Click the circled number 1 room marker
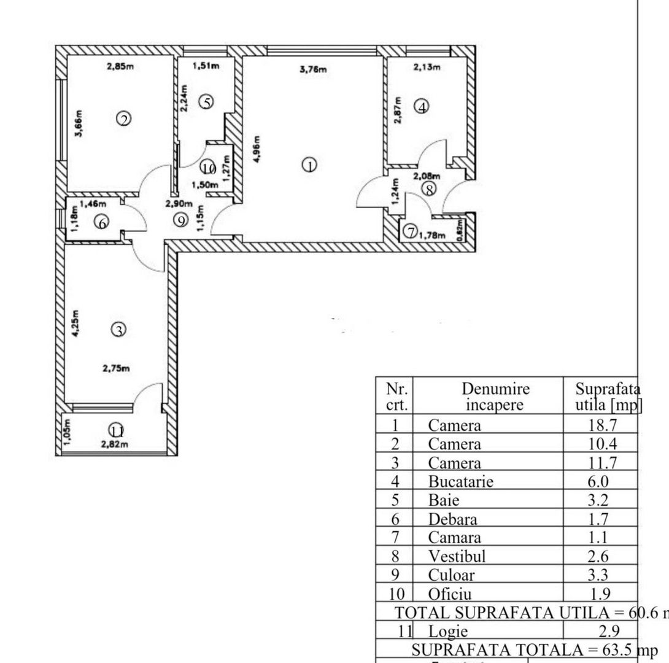tap(311, 165)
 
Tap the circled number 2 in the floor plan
tap(124, 119)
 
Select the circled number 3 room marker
tap(118, 330)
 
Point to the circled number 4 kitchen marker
tap(422, 107)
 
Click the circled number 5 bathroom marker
tap(207, 102)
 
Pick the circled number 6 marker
tap(102, 223)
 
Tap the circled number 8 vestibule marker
tap(430, 190)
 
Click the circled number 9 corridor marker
tap(180, 220)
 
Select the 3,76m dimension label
tap(313, 69)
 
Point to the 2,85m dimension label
tap(120, 66)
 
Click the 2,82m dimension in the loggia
tap(115, 445)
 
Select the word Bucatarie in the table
tap(460, 481)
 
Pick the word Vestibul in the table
tap(457, 557)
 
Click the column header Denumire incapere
tap(495, 397)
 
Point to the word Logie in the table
tap(448, 632)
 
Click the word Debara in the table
tap(452, 519)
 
